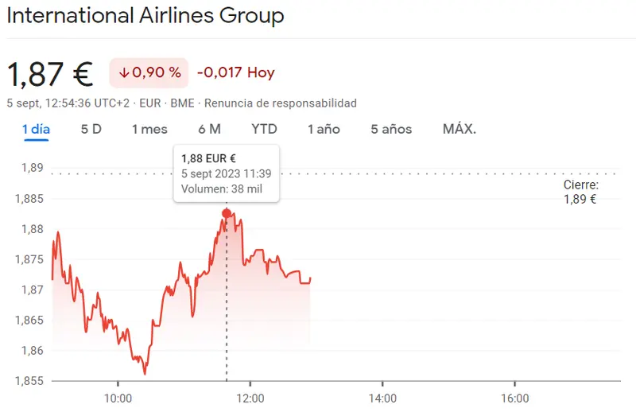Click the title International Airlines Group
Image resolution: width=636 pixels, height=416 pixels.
[x=145, y=15]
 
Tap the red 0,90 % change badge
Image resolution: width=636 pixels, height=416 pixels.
[x=149, y=72]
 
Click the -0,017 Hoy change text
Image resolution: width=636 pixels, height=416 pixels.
[x=235, y=72]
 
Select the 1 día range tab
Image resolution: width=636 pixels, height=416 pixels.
[x=37, y=129]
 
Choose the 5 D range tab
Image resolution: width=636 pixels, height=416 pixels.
[x=91, y=129]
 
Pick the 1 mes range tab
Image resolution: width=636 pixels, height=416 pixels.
[x=149, y=129]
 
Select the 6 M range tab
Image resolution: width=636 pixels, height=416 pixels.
[x=209, y=129]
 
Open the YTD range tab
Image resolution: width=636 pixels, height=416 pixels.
[x=264, y=129]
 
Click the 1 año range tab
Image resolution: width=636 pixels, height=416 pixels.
[x=324, y=129]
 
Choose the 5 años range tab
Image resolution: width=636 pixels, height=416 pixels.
[x=391, y=129]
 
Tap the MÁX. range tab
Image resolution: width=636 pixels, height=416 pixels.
[x=460, y=129]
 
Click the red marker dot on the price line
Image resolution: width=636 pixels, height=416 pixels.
[x=227, y=213]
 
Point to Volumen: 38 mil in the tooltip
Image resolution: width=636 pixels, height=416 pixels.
[x=221, y=189]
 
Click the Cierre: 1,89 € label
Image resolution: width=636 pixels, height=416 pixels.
[x=580, y=192]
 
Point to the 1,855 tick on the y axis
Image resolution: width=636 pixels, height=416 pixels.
[x=29, y=381]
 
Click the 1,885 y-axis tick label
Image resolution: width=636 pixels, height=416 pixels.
[x=29, y=199]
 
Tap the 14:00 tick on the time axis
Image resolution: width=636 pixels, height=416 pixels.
[x=382, y=398]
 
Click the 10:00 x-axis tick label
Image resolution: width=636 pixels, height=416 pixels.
[x=118, y=398]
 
